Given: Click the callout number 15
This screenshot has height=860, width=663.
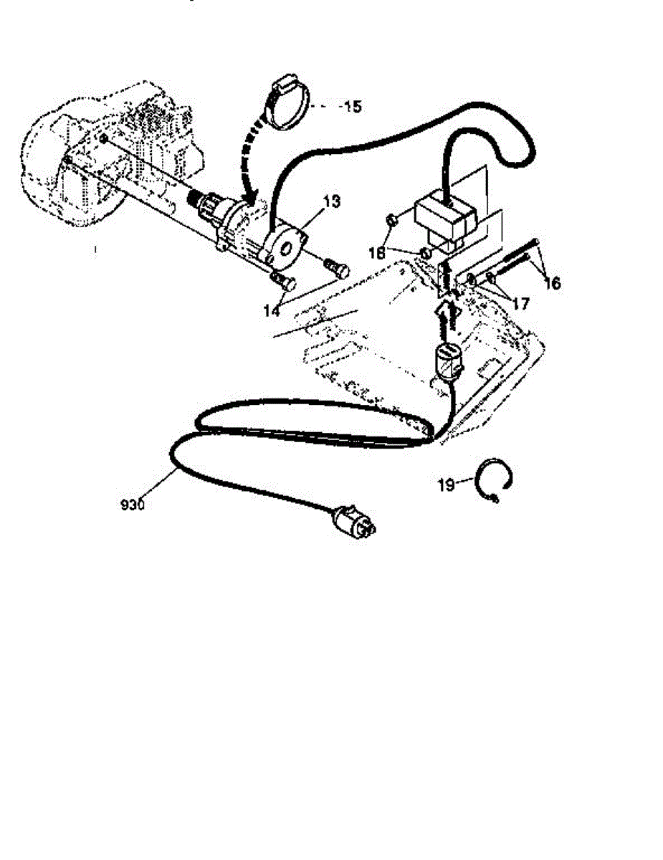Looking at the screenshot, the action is point(351,107).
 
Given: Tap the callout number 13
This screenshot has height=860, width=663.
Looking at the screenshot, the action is point(330,202).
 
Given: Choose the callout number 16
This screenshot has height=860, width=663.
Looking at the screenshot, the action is point(552,284).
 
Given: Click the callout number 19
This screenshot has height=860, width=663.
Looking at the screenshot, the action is point(446,485).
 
